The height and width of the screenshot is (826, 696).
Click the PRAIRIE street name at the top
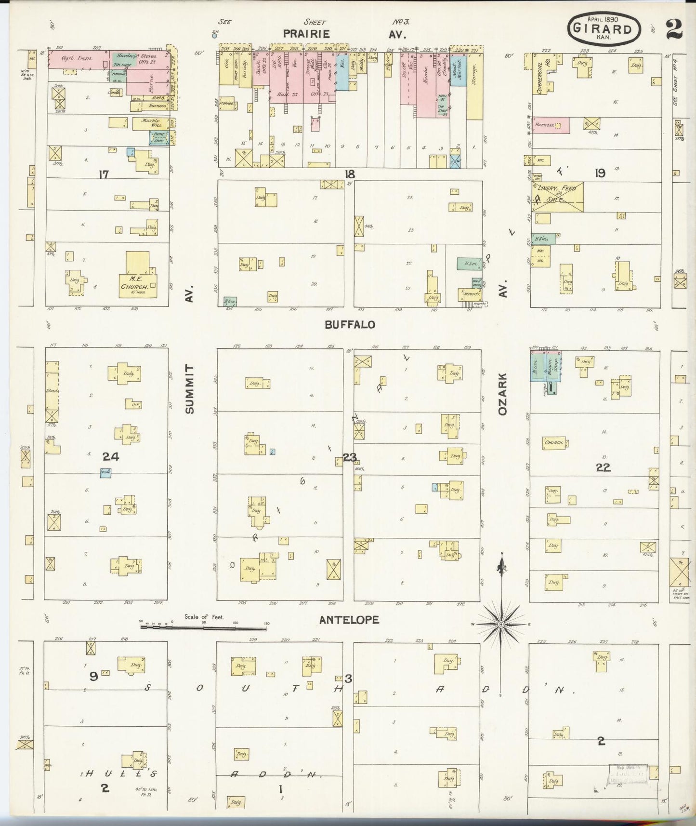(x=306, y=34)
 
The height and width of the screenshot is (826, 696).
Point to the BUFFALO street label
(x=350, y=325)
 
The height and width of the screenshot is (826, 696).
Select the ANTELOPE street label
(x=349, y=620)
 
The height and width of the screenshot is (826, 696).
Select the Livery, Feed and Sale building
(x=558, y=197)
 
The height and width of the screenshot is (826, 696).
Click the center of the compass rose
(x=501, y=624)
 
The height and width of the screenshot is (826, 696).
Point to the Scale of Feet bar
(x=204, y=627)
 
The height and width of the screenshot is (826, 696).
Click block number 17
(x=104, y=174)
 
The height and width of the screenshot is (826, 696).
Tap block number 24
(x=111, y=456)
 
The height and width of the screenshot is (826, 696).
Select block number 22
(x=603, y=467)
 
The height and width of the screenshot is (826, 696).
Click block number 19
(x=600, y=173)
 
